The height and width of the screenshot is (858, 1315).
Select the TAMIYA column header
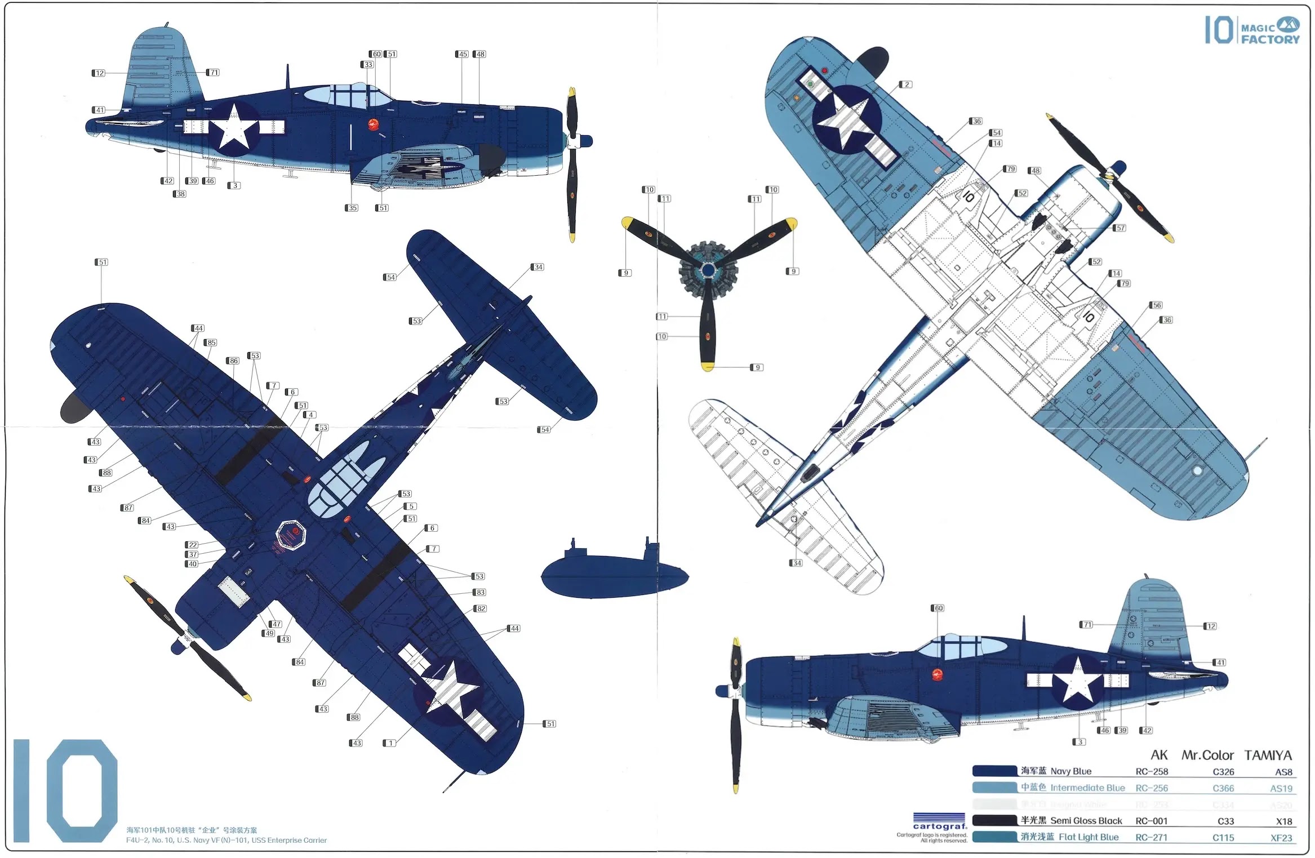coord(1268,755)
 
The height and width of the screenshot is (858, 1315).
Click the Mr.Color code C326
coord(1223,772)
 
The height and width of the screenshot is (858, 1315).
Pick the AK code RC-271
coord(1151,838)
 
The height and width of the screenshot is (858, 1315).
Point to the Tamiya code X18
coord(1283,821)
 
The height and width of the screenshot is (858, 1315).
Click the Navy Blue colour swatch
coord(994,771)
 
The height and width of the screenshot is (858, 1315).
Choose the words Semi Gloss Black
coord(1086,821)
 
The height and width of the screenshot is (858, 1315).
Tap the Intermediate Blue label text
coord(1087,788)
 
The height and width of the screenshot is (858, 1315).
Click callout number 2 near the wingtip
coord(906,85)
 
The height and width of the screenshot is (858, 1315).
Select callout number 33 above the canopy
coord(368,65)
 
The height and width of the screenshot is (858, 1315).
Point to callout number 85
coord(211,343)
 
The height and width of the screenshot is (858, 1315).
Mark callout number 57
coord(1120,228)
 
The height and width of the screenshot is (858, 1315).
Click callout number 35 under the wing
coord(352,208)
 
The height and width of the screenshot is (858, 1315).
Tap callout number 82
coord(481,608)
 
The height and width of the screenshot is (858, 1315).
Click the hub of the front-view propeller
coord(708,271)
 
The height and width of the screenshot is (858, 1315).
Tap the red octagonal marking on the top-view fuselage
coord(291,533)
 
